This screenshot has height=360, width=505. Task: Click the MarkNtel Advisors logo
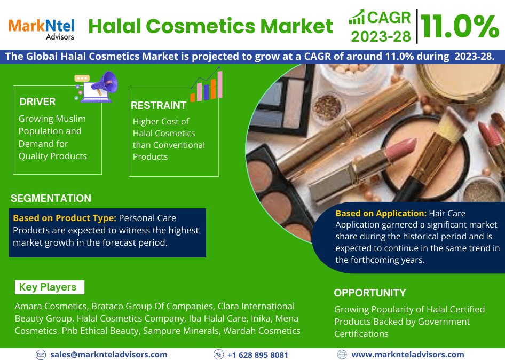pyautogui.click(x=42, y=29)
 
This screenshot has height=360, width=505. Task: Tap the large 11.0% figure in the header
pyautogui.click(x=460, y=26)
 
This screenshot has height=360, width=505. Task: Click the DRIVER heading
pyautogui.click(x=37, y=102)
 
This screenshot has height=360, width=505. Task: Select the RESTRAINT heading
pyautogui.click(x=159, y=105)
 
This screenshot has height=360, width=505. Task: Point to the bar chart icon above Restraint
pyautogui.click(x=207, y=84)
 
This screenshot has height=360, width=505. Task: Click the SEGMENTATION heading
pyautogui.click(x=51, y=198)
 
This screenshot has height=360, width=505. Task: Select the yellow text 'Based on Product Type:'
pyautogui.click(x=65, y=218)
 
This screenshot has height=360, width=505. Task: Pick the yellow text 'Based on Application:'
pyautogui.click(x=381, y=213)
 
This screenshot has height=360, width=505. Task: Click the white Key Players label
pyautogui.click(x=50, y=287)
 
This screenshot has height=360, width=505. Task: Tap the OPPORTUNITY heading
pyautogui.click(x=370, y=293)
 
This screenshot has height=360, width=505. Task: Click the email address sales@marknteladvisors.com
pyautogui.click(x=108, y=355)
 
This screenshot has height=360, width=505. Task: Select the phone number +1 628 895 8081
pyautogui.click(x=258, y=355)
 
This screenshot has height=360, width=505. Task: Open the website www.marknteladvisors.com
pyautogui.click(x=408, y=355)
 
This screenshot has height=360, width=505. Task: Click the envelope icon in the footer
pyautogui.click(x=41, y=355)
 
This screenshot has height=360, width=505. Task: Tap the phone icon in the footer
pyautogui.click(x=219, y=355)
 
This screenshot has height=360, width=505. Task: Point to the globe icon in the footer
pyautogui.click(x=342, y=355)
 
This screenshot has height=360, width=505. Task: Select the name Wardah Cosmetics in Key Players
pyautogui.click(x=262, y=331)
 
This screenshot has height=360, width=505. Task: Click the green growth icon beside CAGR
pyautogui.click(x=357, y=17)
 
